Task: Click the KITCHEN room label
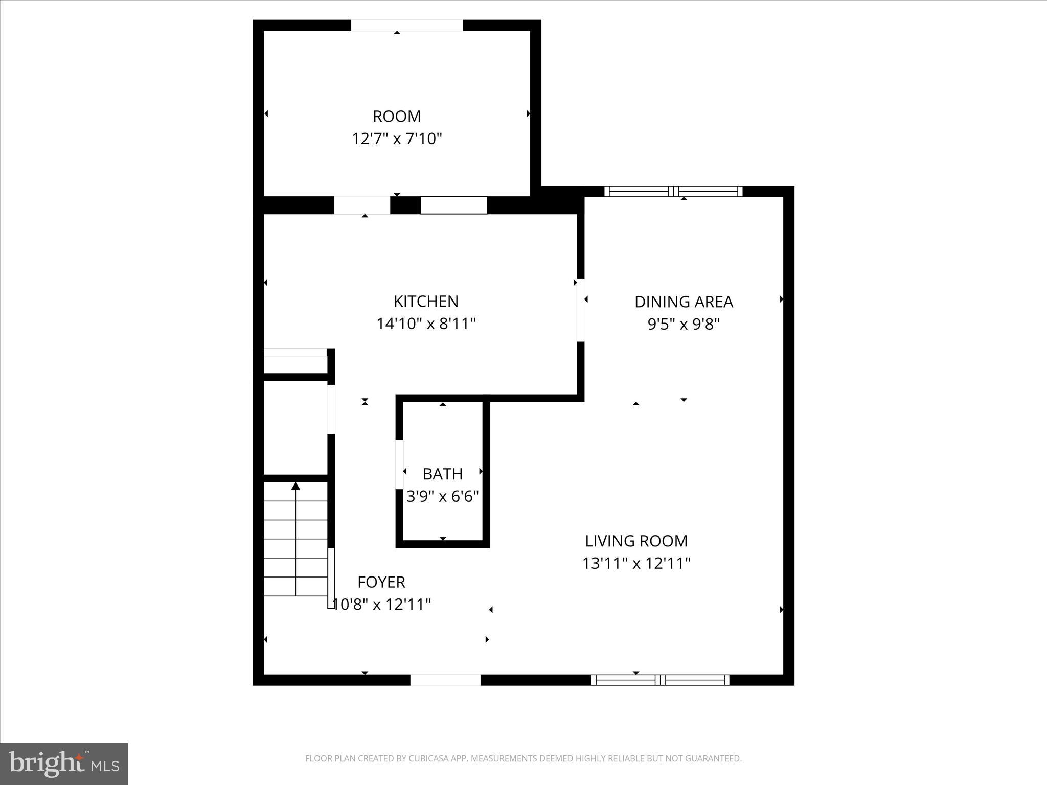coord(426,302)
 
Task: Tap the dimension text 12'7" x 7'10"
coord(397,139)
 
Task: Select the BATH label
coord(443,474)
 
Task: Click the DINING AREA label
coord(684,302)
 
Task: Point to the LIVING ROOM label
coord(636,541)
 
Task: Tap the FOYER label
coord(381,582)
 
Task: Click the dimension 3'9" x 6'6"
coord(443,497)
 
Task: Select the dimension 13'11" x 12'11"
coord(636,564)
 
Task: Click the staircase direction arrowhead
coord(295,486)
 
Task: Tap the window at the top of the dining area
coord(673,192)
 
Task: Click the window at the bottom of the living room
coord(660,680)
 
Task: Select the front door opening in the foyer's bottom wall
coord(445,680)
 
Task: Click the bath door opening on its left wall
coord(400,464)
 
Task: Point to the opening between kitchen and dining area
coord(580,310)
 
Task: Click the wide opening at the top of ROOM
coord(406,26)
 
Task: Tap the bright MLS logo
coord(64,764)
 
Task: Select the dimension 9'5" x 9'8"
coord(684,325)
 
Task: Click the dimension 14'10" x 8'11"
coord(426,324)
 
